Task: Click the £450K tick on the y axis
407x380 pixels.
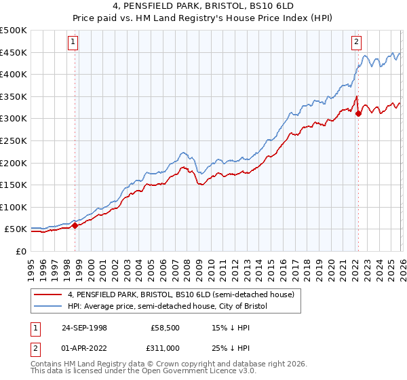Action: tap(14, 52)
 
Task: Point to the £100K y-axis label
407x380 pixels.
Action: tap(14, 207)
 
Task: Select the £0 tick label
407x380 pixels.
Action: tap(22, 251)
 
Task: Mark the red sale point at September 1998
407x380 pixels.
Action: tap(75, 226)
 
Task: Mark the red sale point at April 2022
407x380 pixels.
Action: tap(358, 113)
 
